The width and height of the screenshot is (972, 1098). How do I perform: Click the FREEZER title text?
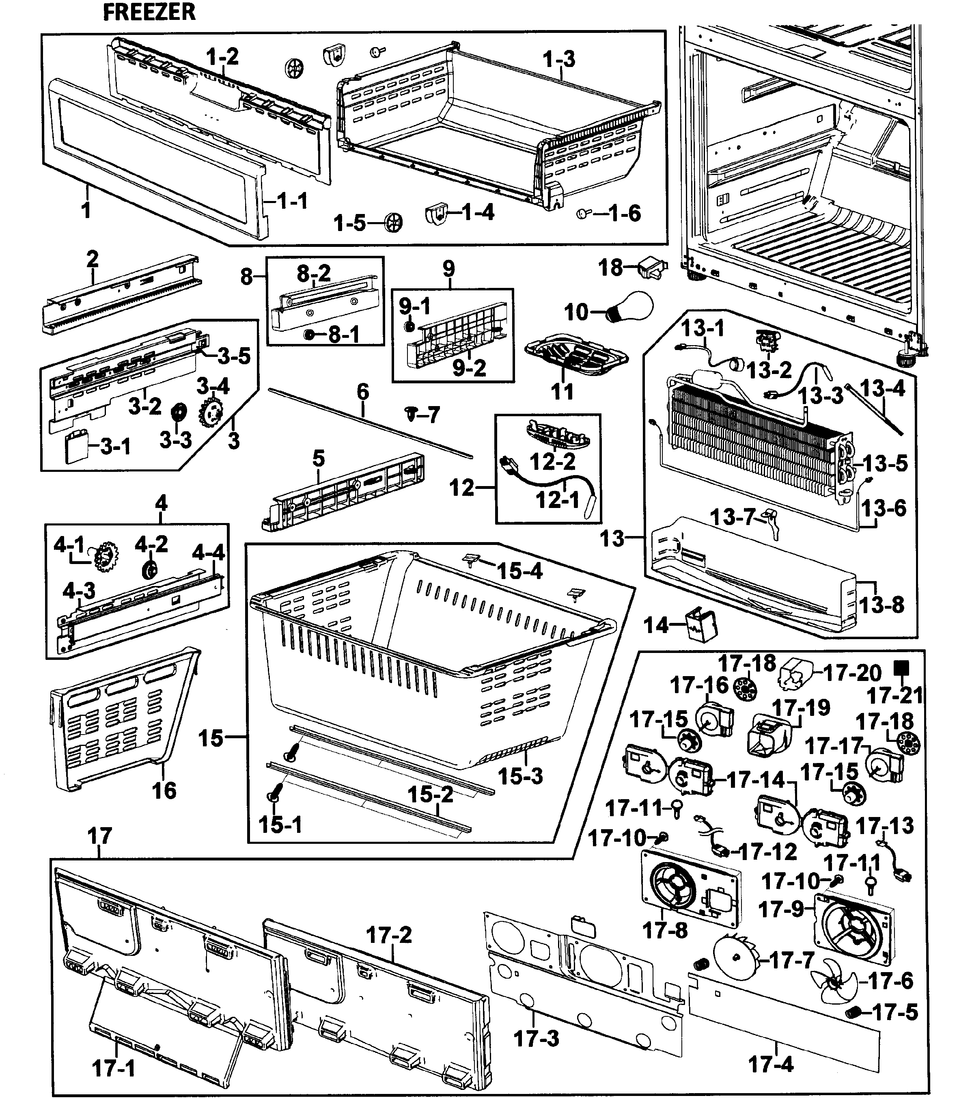(x=149, y=12)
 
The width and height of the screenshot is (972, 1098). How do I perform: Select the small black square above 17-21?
(x=901, y=668)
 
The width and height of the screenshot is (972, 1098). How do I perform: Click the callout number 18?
(x=610, y=267)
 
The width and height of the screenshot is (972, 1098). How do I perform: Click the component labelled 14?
(x=701, y=625)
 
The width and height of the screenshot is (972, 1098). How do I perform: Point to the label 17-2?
(x=389, y=935)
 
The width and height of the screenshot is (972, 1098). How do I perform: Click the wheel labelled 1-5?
(x=394, y=222)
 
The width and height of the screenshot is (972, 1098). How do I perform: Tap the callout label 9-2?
(x=469, y=368)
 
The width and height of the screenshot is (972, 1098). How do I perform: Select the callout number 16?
(x=164, y=790)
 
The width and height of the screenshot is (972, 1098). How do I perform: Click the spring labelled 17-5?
(x=852, y=1013)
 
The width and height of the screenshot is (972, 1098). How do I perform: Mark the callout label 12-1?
(x=557, y=499)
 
